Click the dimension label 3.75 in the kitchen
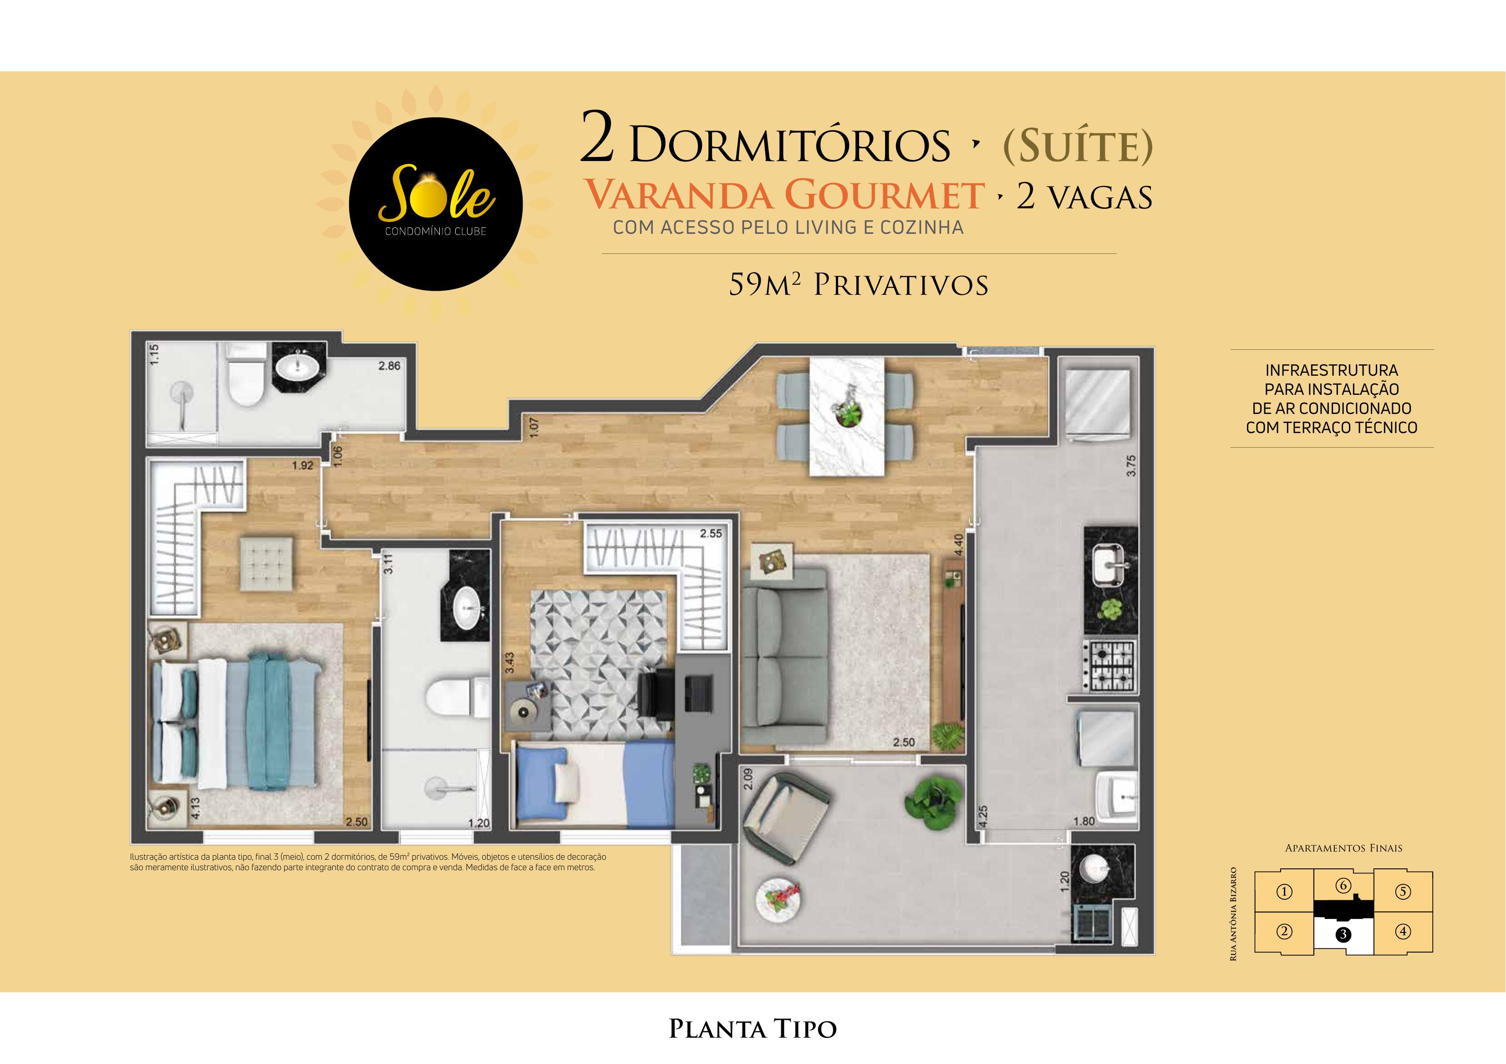point(1129,465)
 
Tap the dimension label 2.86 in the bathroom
point(389,366)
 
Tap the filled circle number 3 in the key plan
point(1343,934)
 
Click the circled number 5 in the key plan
point(1402,892)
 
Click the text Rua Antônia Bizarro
point(1233,914)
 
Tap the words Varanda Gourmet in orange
point(784,195)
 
